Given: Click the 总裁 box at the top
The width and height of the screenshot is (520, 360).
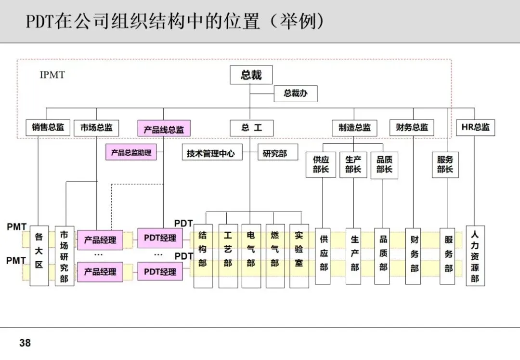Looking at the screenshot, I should [251, 75].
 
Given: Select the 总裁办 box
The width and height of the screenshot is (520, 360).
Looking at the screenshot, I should [296, 93].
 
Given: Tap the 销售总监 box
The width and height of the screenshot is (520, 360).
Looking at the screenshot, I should [48, 128].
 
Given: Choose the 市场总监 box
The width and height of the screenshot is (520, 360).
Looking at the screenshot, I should [96, 128].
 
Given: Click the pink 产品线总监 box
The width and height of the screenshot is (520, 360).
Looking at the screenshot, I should [164, 129].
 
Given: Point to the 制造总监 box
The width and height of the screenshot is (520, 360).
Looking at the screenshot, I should [354, 128].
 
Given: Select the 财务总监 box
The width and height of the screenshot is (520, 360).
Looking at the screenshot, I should [412, 128].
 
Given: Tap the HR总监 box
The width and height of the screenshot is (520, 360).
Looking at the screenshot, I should [475, 128].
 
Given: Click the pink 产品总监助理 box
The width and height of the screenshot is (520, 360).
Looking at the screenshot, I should [131, 153].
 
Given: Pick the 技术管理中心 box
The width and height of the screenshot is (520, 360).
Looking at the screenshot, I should [211, 153].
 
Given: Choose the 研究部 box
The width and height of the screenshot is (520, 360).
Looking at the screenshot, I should [275, 153].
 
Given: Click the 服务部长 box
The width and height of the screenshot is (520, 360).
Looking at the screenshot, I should [445, 164].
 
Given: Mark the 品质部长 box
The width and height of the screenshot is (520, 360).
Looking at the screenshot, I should [384, 164].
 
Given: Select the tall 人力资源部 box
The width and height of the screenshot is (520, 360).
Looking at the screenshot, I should [475, 256].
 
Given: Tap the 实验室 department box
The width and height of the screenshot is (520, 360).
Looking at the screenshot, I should [299, 255].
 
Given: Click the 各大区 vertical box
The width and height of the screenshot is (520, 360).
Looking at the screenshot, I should [39, 256].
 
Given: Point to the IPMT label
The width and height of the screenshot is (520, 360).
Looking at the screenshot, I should [52, 75].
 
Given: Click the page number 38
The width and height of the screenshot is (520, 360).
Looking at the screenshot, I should [25, 343].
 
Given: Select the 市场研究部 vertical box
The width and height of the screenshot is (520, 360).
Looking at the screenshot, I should [64, 256].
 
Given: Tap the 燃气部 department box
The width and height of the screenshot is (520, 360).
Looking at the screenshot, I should [275, 255].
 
